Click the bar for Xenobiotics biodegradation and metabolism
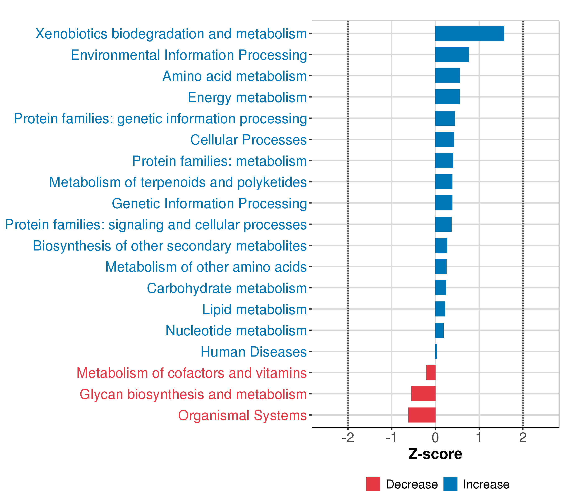(x=469, y=33)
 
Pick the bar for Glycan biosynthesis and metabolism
(x=423, y=393)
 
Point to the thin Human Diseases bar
(x=436, y=351)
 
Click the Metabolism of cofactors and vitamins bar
(x=431, y=372)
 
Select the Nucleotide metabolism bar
(x=439, y=330)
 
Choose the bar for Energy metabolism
(x=447, y=97)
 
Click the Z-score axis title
(x=435, y=454)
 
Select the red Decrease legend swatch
(x=373, y=484)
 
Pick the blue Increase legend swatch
(x=450, y=484)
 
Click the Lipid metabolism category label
(x=254, y=309)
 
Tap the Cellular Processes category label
(x=248, y=140)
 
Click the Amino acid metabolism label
(x=235, y=76)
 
